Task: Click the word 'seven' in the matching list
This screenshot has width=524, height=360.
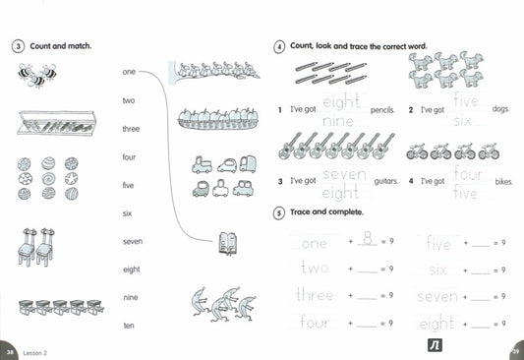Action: coord(133,241)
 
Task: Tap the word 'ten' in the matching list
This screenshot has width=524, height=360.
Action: coord(129,325)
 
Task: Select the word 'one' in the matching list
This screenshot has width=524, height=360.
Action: coord(129,72)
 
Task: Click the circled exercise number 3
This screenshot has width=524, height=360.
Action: coord(18,46)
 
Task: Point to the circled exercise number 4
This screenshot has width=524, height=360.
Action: coord(280,46)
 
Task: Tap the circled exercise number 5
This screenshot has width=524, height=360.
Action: coord(280,212)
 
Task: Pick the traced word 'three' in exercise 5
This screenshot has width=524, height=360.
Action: coord(315,294)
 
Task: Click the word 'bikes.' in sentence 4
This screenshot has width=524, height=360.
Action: coord(503,182)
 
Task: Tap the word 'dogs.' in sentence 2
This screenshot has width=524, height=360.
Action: coord(501,109)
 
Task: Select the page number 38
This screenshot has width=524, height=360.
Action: coord(10,351)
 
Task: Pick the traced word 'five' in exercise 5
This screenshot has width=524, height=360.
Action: coord(438,243)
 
